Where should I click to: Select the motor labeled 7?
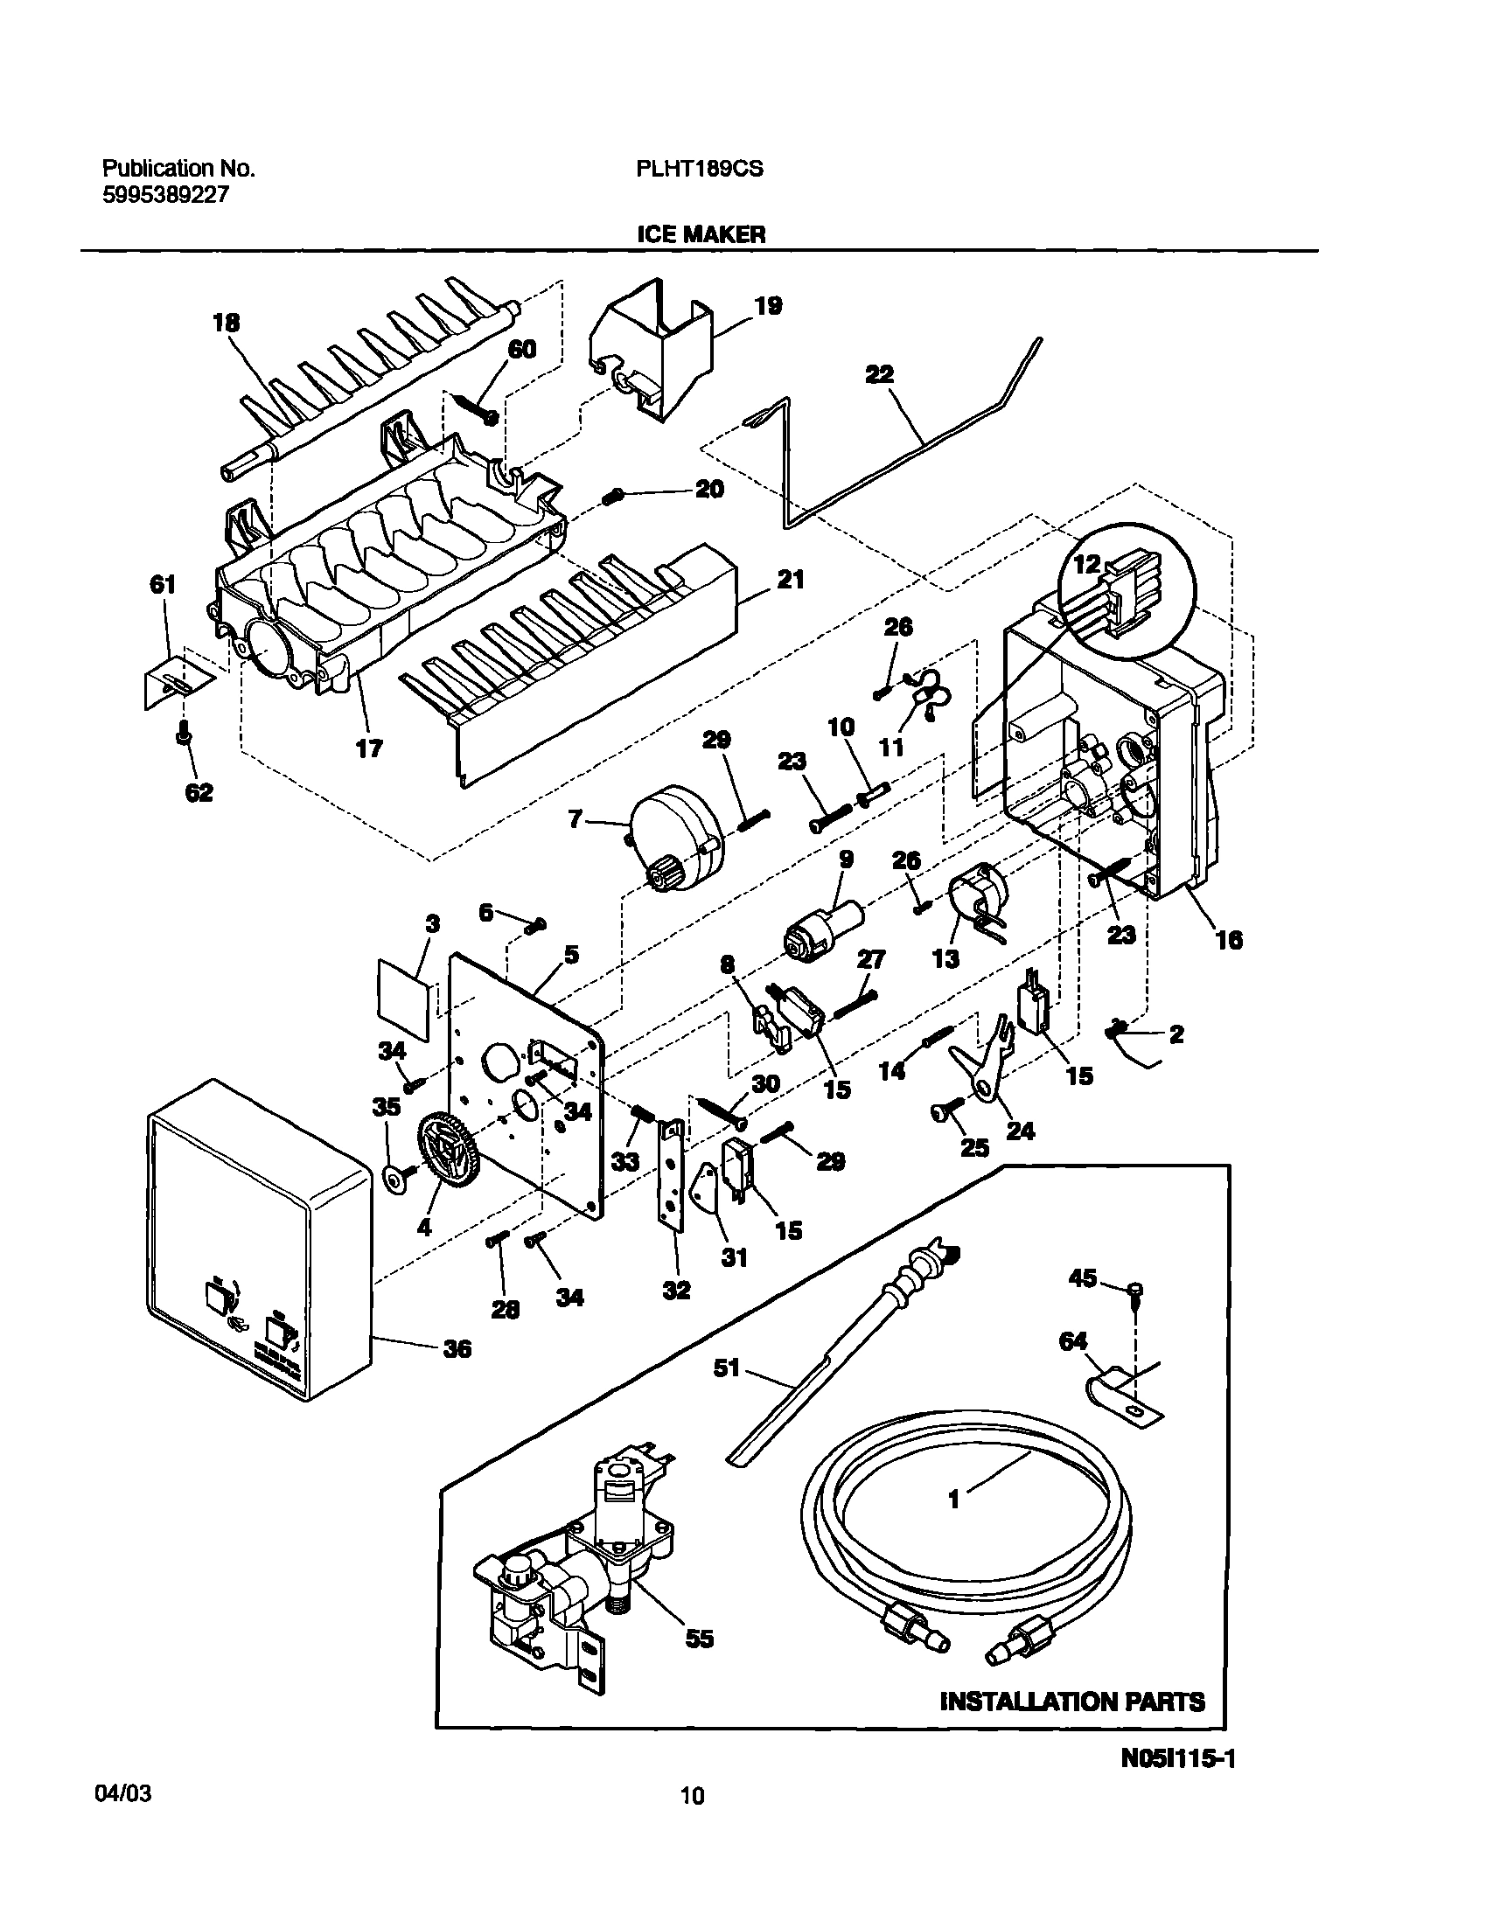[676, 838]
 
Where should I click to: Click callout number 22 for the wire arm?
[879, 374]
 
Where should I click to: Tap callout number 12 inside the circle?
[1087, 564]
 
